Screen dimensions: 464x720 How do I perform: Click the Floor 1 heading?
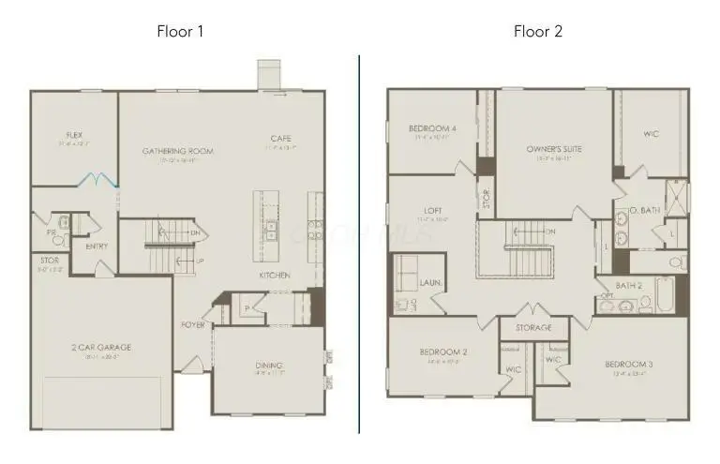[x=180, y=31]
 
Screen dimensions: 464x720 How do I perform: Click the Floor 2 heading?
[x=538, y=31]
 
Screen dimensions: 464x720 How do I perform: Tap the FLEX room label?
[x=74, y=135]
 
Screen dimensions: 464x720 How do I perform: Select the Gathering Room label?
[x=178, y=151]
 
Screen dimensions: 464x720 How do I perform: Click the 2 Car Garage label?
[x=101, y=347]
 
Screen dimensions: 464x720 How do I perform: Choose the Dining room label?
[x=269, y=365]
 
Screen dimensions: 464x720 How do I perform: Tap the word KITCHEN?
[x=275, y=275]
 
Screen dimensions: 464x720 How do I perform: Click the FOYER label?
[x=193, y=324]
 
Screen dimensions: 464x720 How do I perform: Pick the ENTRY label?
[x=97, y=247]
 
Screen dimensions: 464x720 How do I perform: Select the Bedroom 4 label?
[x=433, y=128]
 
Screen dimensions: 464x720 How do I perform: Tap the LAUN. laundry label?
[x=431, y=280]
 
